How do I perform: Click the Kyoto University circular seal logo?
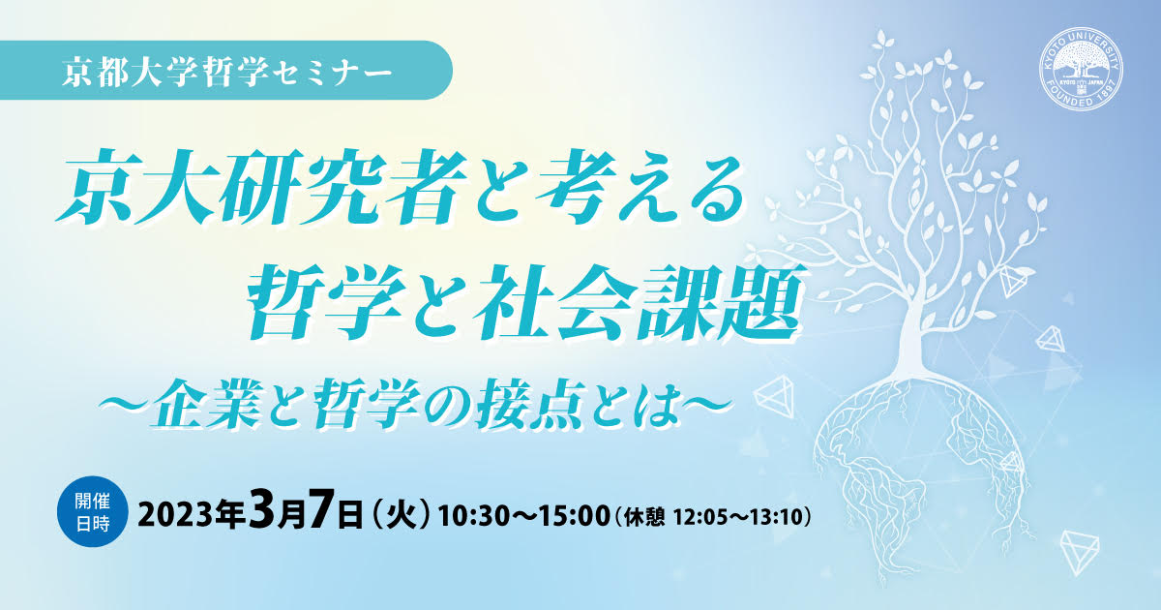pyautogui.click(x=1082, y=69)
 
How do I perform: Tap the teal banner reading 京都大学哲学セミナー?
pyautogui.click(x=226, y=70)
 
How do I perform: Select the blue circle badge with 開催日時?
pyautogui.click(x=93, y=511)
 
